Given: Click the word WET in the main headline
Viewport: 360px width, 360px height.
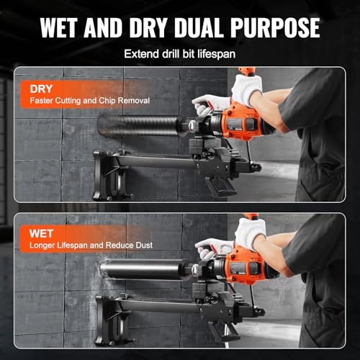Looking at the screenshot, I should (x=68, y=27).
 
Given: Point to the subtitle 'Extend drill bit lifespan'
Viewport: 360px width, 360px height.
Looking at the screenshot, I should (x=179, y=53).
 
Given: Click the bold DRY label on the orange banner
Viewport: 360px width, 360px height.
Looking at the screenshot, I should (x=41, y=88).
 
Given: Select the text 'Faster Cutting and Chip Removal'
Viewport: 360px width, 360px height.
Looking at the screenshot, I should (x=90, y=102).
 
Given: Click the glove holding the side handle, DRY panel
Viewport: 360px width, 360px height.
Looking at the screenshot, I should (x=209, y=104).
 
